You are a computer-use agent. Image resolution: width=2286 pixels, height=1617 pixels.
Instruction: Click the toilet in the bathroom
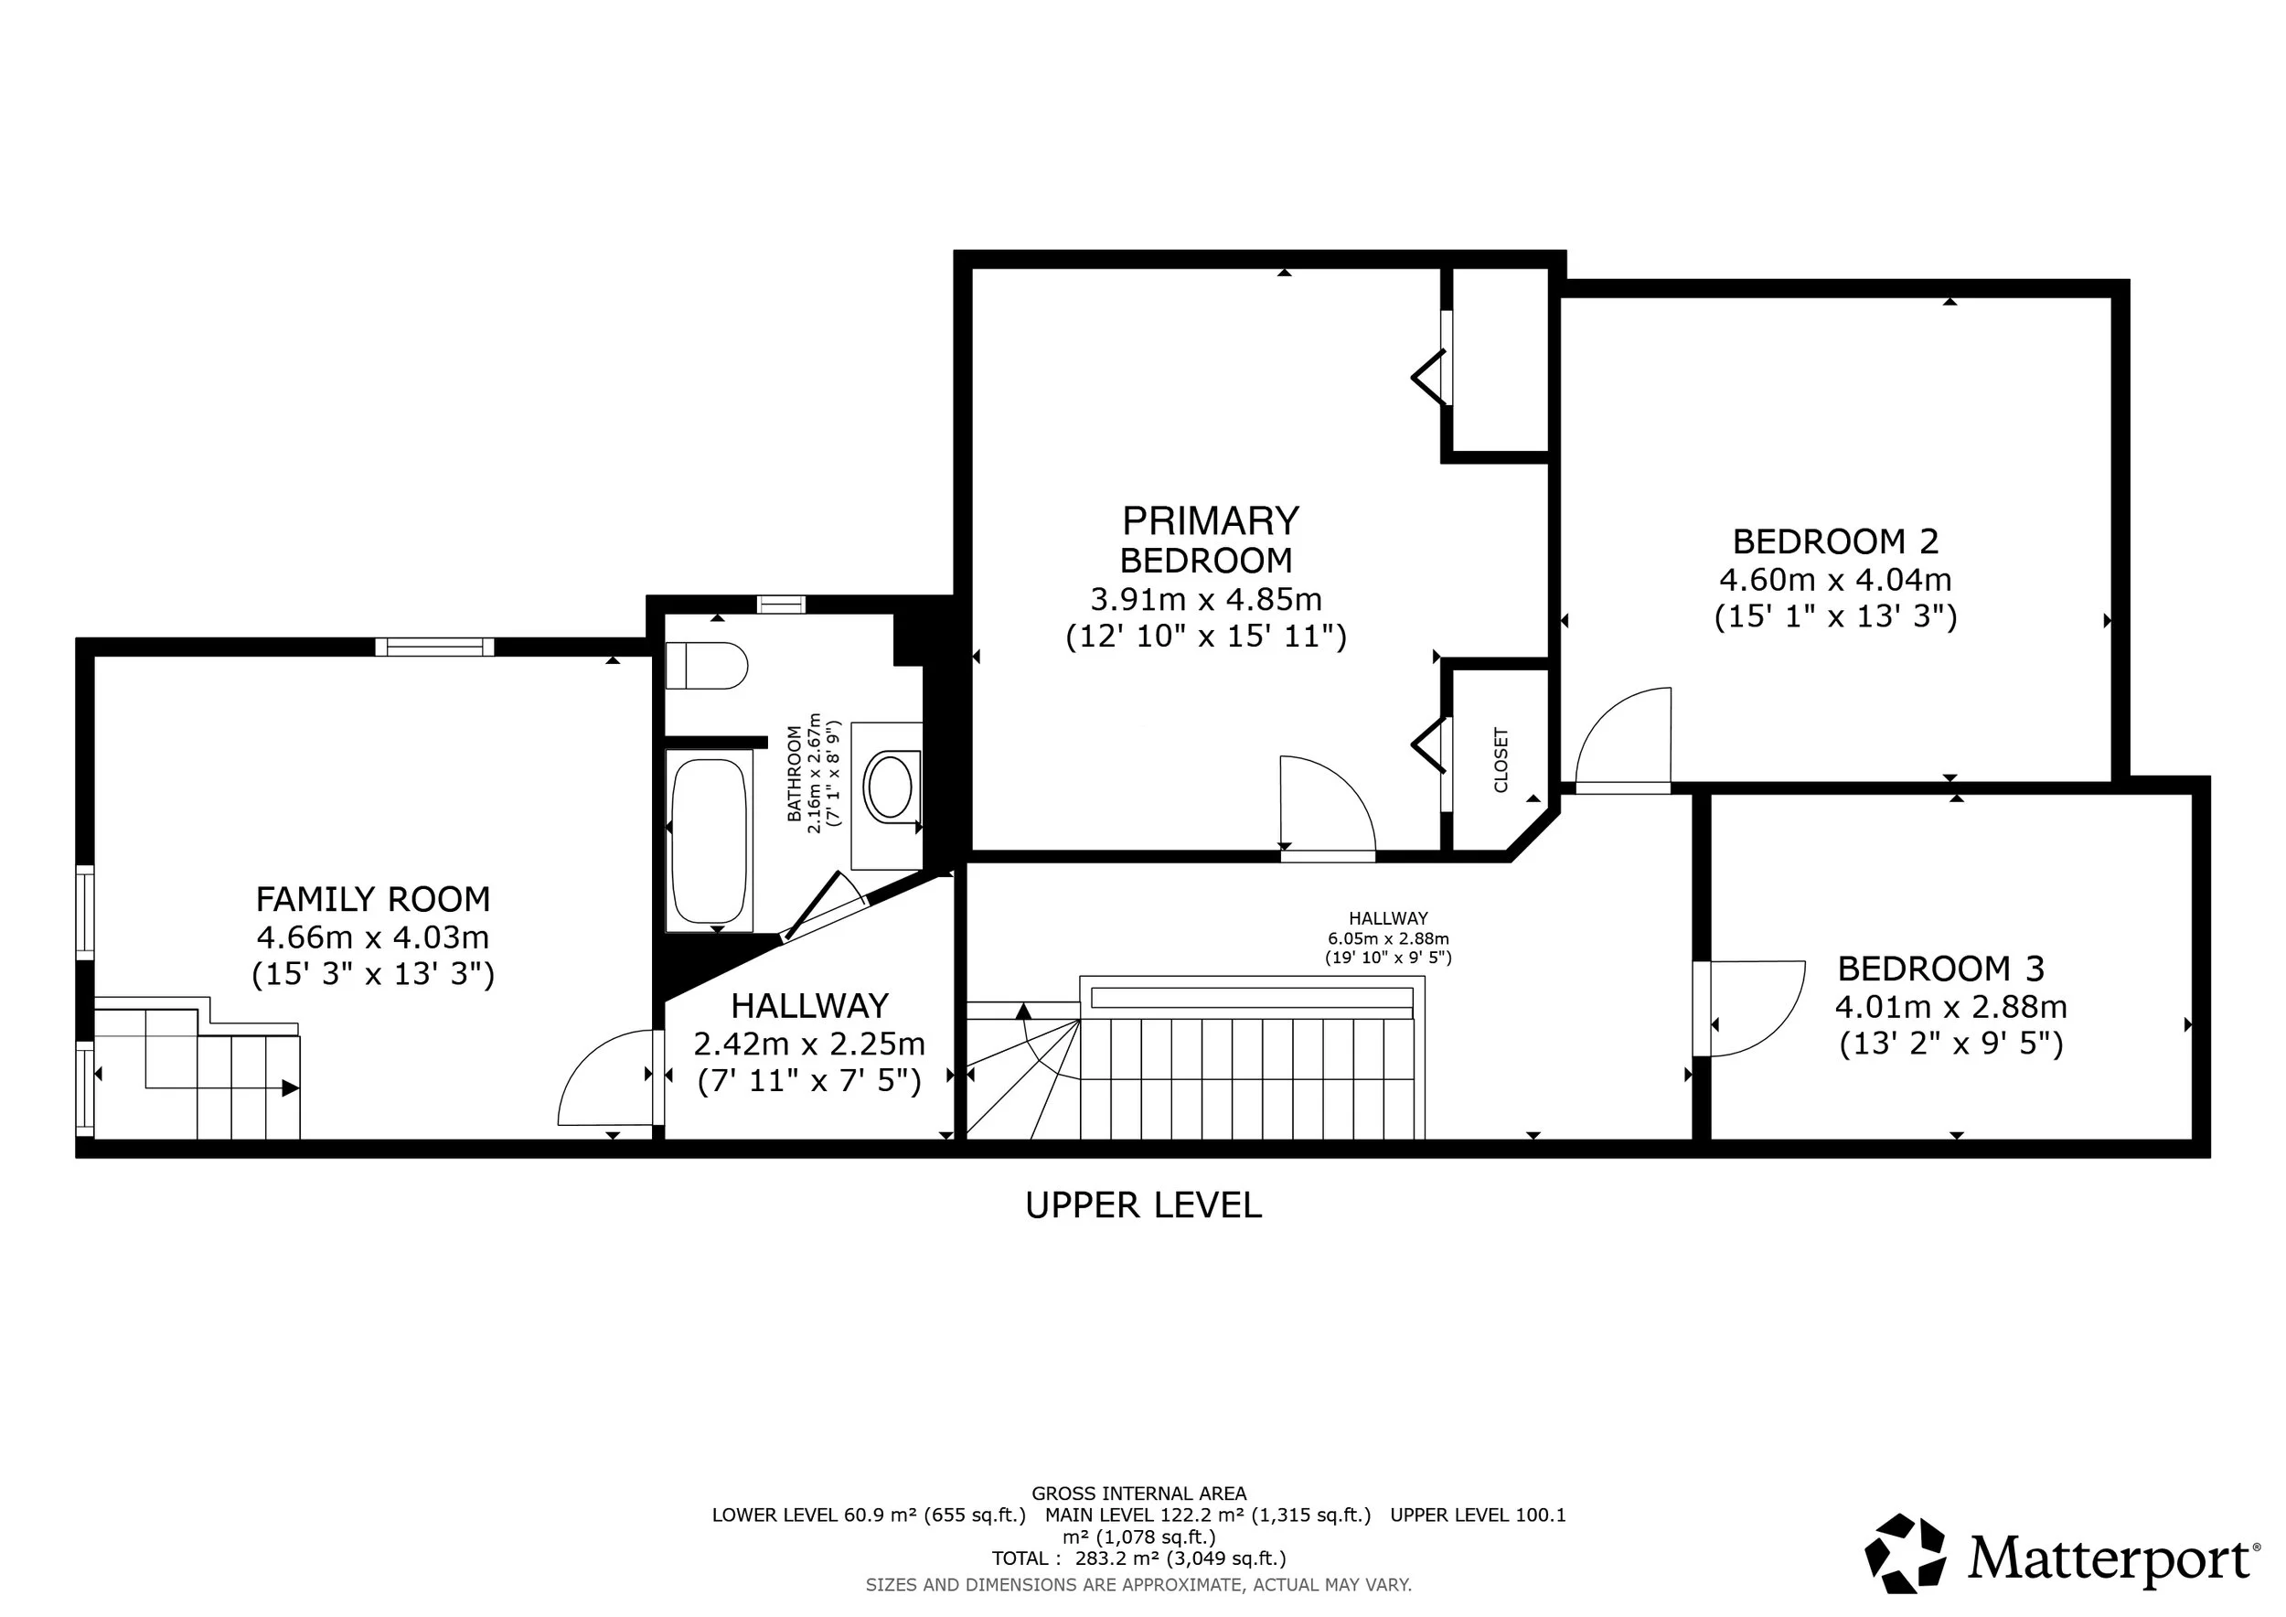click(x=706, y=665)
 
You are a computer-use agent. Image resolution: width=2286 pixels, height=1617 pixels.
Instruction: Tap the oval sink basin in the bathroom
click(x=888, y=787)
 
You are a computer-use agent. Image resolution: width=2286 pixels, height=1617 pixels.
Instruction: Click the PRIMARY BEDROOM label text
click(x=1210, y=540)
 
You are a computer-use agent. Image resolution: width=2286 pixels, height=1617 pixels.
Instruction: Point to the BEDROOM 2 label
click(x=1835, y=541)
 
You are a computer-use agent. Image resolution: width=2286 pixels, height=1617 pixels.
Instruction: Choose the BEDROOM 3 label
click(x=1940, y=968)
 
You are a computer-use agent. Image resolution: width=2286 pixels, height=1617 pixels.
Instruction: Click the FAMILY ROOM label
click(x=373, y=899)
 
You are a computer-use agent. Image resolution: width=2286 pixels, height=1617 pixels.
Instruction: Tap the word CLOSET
click(x=1501, y=760)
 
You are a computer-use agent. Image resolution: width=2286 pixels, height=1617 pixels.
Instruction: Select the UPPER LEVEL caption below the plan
click(x=1143, y=1205)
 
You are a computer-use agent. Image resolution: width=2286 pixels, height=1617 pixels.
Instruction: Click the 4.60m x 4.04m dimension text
click(x=1835, y=579)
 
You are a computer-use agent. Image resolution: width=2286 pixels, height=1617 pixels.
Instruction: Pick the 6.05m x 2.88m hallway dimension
click(x=1388, y=938)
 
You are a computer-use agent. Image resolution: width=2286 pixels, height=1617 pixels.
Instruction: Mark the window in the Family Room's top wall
click(x=435, y=647)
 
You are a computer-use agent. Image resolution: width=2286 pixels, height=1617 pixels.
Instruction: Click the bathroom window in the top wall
click(x=781, y=605)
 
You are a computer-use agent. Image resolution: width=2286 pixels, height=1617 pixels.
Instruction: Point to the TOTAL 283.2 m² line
click(x=1138, y=1558)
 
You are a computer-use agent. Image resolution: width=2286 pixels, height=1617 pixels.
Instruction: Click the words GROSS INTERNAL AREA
click(x=1138, y=1494)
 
